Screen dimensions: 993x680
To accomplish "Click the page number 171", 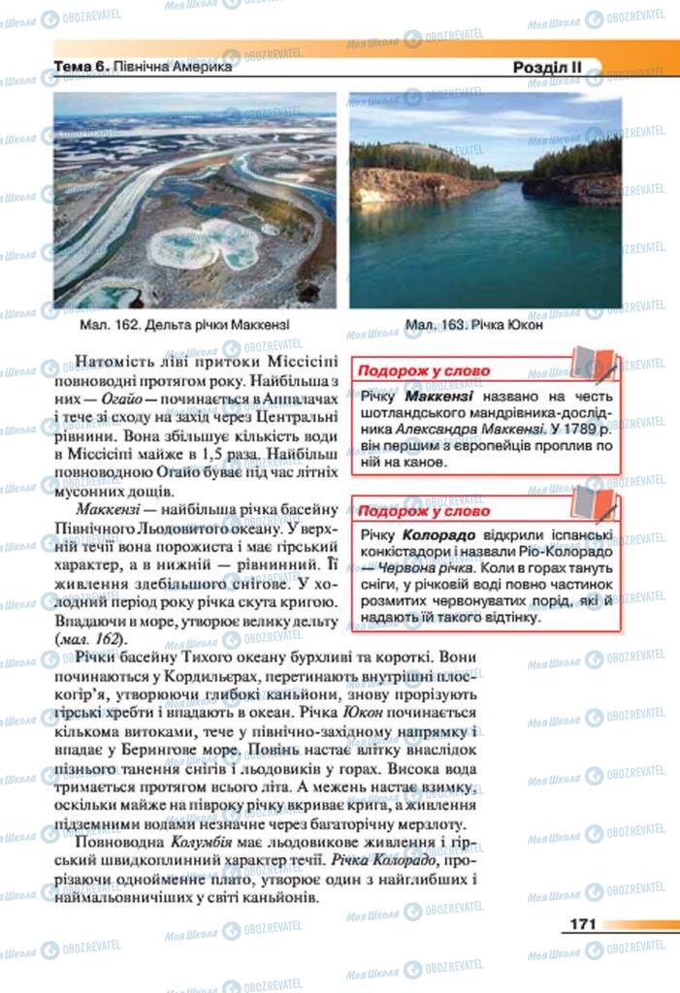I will pos(578,924).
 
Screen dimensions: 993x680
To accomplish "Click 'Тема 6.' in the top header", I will pos(82,68).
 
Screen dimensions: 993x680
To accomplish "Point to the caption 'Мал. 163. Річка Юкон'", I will pos(473,325).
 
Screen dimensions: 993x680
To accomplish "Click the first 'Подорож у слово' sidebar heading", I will pos(425,370).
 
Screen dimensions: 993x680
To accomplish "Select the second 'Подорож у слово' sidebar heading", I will pos(425,511).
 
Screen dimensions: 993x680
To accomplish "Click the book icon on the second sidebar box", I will pos(592,502).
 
